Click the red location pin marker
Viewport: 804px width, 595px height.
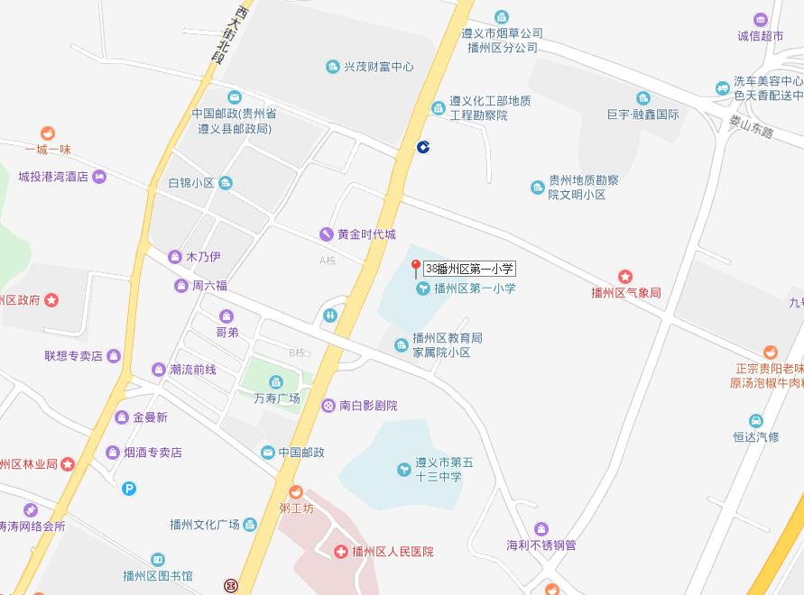point(416,267)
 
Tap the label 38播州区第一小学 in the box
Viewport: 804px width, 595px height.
point(469,269)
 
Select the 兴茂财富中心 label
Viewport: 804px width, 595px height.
point(378,67)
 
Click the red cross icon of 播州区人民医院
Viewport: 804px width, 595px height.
point(339,552)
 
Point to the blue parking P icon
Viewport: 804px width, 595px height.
point(130,489)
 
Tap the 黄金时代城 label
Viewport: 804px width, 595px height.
point(366,234)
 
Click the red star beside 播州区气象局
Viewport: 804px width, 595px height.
point(624,277)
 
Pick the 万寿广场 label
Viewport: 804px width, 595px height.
point(277,398)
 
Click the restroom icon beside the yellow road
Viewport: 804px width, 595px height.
point(330,315)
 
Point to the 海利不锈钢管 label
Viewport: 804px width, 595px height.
point(541,545)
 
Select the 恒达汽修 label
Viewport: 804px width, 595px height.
point(756,437)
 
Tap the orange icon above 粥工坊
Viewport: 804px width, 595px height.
point(295,491)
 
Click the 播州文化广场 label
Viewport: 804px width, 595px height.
point(205,525)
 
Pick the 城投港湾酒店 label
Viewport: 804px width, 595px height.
point(53,177)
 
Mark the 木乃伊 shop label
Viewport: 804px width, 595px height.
point(203,257)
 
